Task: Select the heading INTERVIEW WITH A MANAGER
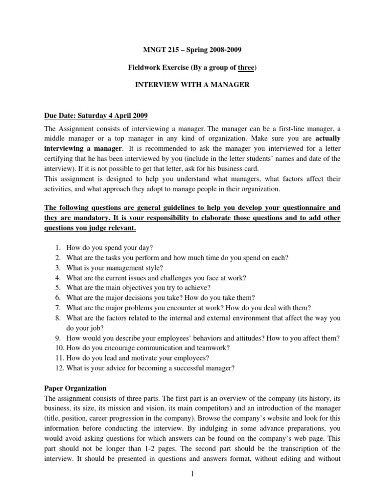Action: tap(192, 85)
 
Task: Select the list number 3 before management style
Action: tap(57, 267)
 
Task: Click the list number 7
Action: tap(57, 307)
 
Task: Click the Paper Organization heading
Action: tap(75, 388)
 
